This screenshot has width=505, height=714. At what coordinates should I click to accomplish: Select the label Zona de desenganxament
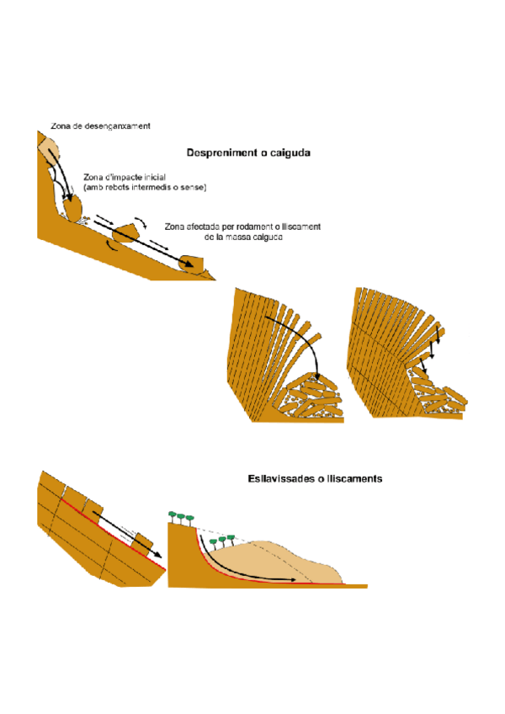click(x=99, y=126)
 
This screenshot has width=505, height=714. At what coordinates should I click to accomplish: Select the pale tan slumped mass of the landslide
click(x=295, y=560)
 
